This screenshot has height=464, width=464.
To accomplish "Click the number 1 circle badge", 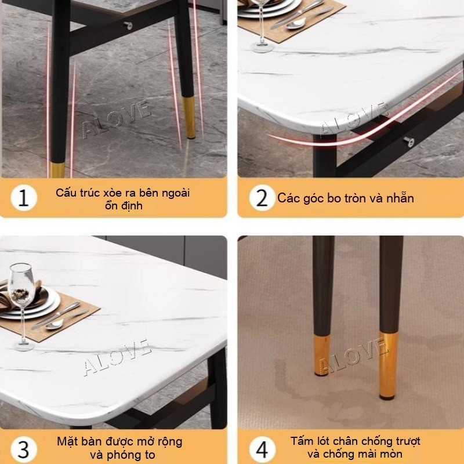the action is pyautogui.click(x=24, y=198).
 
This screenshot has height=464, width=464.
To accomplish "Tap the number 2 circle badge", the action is pyautogui.click(x=262, y=198).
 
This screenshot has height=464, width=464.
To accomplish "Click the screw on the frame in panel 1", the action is pyautogui.click(x=128, y=26).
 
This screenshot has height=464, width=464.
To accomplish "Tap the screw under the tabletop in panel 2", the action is pyautogui.click(x=408, y=142).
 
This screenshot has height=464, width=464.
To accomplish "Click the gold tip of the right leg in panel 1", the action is pyautogui.click(x=190, y=118).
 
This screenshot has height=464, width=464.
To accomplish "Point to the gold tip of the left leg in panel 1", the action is pyautogui.click(x=57, y=170).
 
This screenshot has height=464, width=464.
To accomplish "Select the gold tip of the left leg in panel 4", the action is pyautogui.click(x=322, y=356).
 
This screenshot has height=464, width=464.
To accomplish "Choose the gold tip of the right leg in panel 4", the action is pyautogui.click(x=388, y=366).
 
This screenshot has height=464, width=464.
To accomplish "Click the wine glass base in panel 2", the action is pyautogui.click(x=262, y=48).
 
